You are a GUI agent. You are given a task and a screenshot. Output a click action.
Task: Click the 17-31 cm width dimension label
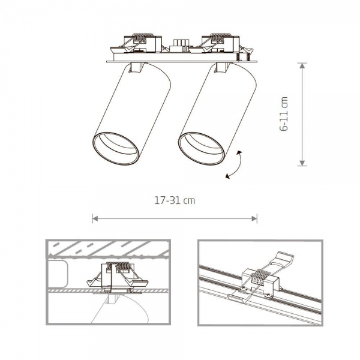coord(174,201)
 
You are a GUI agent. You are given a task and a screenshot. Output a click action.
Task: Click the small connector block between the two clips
coord(179,46)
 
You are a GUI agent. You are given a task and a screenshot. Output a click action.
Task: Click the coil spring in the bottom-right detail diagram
coord(259,278)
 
